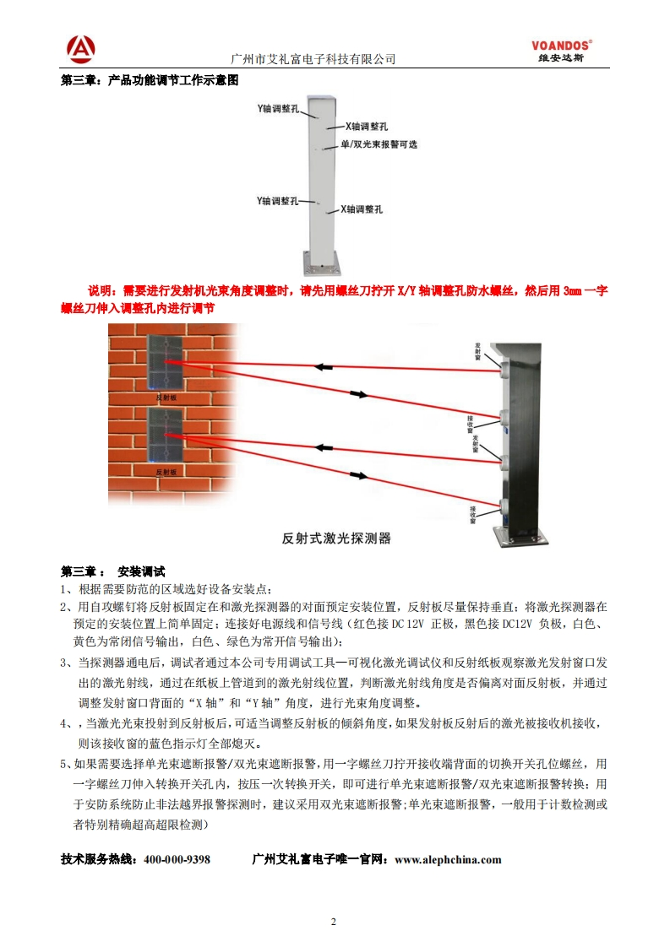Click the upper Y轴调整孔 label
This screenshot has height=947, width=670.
(278, 109)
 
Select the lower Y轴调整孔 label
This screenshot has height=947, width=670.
(278, 201)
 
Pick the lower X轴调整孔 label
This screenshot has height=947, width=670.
(362, 209)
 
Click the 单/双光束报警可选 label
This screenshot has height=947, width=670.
(379, 144)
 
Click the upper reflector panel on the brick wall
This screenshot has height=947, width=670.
(167, 362)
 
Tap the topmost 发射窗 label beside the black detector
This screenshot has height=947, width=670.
(478, 350)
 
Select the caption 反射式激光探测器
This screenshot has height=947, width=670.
(335, 538)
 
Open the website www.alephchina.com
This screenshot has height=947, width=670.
(448, 859)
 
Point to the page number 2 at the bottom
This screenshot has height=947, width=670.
(335, 921)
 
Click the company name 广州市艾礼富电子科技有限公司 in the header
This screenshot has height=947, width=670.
(313, 59)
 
